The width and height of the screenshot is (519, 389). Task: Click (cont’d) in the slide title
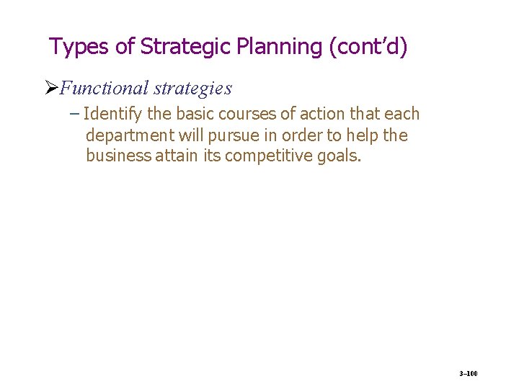[368, 47]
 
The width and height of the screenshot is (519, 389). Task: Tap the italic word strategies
[193, 89]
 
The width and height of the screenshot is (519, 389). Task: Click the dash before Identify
[76, 115]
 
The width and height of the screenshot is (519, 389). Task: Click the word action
[308, 115]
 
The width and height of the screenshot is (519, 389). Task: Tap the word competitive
[268, 156]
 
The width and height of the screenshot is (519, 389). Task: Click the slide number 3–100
[469, 374]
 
